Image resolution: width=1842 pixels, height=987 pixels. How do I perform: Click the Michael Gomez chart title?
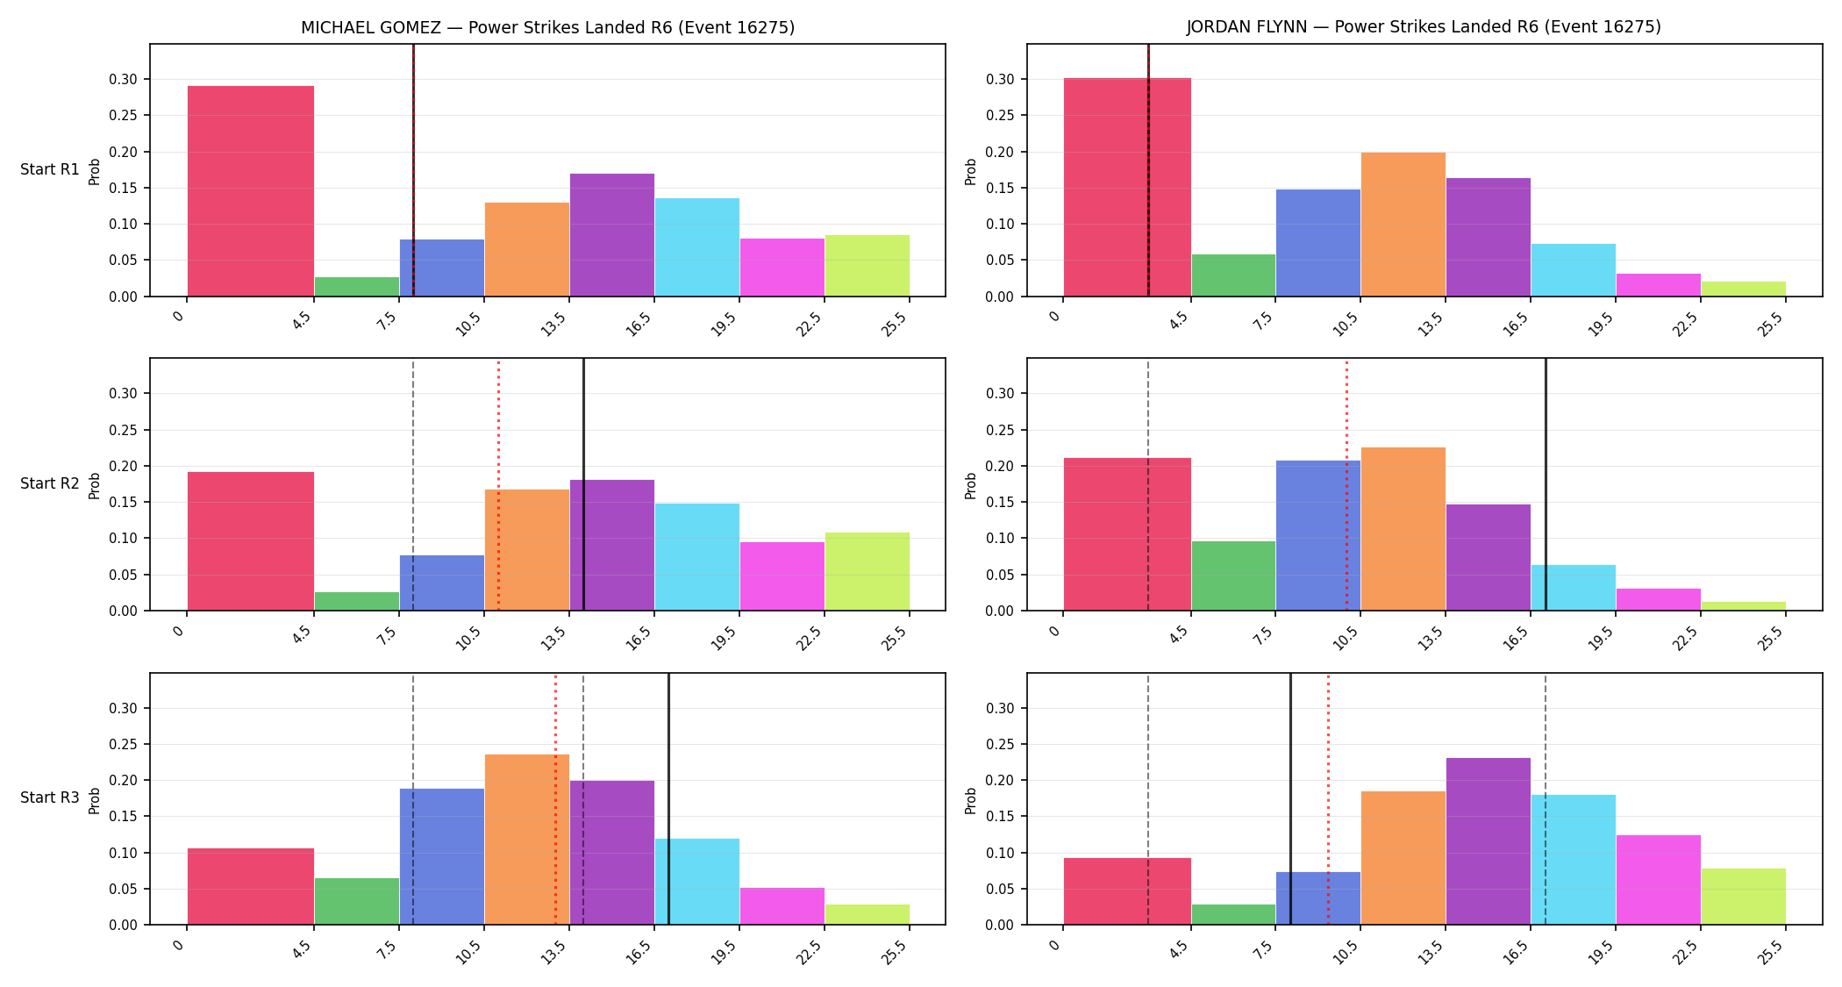[x=547, y=27]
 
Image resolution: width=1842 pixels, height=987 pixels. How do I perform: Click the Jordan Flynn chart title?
[x=1424, y=26]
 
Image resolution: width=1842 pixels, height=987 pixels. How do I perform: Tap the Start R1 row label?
[x=50, y=169]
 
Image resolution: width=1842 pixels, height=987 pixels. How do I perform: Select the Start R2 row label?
[x=50, y=483]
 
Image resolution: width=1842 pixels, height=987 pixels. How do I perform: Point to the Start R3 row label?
[x=50, y=797]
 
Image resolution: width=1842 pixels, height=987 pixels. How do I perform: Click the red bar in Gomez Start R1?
[x=251, y=191]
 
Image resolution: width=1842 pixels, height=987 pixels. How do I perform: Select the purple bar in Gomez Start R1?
[x=612, y=235]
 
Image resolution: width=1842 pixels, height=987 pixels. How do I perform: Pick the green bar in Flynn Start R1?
[x=1233, y=275]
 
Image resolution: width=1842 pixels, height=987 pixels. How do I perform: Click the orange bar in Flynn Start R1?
[x=1403, y=225]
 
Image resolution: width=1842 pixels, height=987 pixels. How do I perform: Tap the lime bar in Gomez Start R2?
[x=867, y=571]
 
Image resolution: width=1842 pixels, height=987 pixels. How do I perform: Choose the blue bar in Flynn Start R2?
[x=1318, y=535]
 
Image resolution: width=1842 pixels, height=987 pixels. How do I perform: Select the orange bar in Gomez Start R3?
[x=527, y=840]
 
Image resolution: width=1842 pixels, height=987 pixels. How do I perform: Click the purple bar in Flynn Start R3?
[x=1489, y=841]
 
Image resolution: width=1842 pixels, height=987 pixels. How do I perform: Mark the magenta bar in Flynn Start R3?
[x=1659, y=880]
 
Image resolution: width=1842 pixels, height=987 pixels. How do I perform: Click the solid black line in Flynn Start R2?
[x=1546, y=484]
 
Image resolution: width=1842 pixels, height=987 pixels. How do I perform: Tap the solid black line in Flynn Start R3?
[x=1290, y=799]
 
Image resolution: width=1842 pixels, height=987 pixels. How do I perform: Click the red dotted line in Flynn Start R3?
[x=1328, y=799]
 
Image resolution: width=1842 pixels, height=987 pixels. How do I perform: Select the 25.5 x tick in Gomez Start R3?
[x=895, y=953]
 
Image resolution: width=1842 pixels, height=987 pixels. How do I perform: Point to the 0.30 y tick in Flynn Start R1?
[x=1000, y=80]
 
